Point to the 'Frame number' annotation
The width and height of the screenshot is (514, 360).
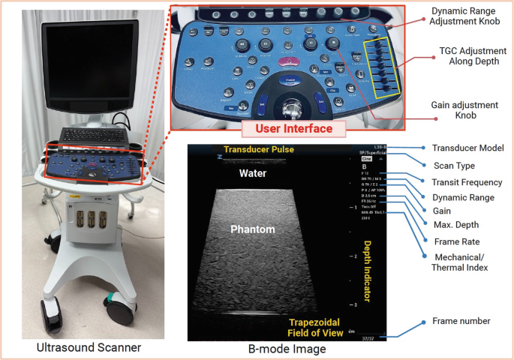(461, 321)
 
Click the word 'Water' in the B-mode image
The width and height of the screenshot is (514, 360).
(252, 173)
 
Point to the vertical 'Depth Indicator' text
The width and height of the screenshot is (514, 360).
(367, 269)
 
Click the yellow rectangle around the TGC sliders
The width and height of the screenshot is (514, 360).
(381, 69)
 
